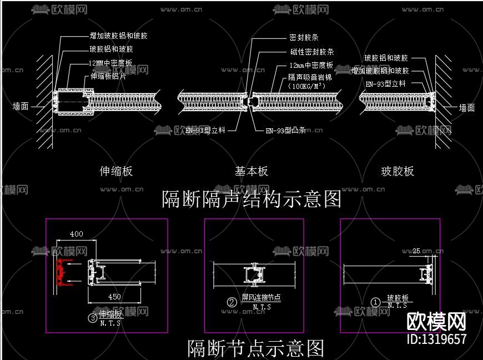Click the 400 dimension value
click(x=76, y=234)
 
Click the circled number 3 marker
click(x=93, y=318)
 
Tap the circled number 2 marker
click(x=232, y=303)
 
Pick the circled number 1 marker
click(x=376, y=302)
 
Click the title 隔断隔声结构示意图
click(x=251, y=198)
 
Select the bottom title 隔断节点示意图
click(x=255, y=348)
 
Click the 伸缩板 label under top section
click(x=116, y=171)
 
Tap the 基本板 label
click(x=251, y=171)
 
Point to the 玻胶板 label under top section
click(x=398, y=171)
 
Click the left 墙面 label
click(x=21, y=106)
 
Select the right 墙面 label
click(x=467, y=108)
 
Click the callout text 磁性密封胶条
click(x=311, y=52)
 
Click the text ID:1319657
click(x=437, y=339)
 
